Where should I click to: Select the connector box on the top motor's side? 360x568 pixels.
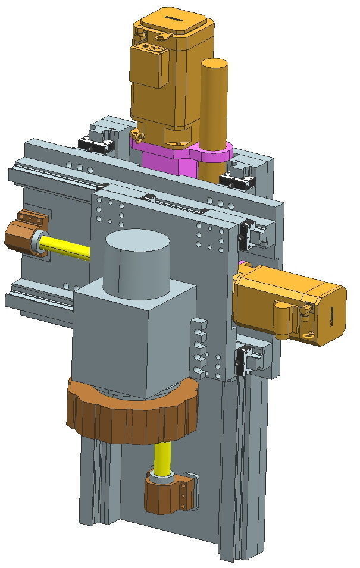pyautogui.click(x=149, y=65)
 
